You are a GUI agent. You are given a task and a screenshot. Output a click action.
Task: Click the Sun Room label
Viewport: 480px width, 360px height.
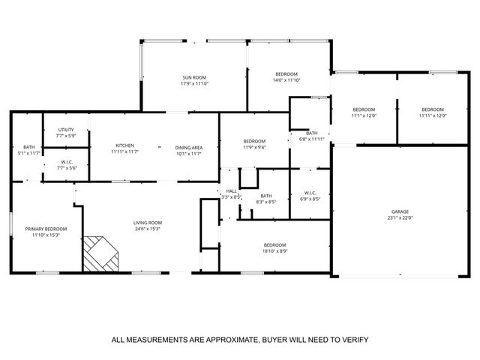coord(193,78)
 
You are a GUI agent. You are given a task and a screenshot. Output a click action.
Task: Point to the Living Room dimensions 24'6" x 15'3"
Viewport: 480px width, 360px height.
coord(148,229)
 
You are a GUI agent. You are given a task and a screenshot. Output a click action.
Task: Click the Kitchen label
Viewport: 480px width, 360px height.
coord(124,145)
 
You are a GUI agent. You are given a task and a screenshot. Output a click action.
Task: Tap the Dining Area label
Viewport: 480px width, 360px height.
coord(188,146)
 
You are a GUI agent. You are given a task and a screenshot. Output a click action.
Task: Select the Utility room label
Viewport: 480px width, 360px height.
coord(66,130)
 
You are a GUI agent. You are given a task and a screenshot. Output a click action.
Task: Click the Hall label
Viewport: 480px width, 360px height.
coord(231,191)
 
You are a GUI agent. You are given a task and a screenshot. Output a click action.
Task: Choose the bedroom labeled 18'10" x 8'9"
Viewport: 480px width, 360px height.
coord(274,246)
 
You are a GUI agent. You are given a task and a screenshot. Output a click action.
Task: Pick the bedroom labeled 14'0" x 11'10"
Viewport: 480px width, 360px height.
coord(286,74)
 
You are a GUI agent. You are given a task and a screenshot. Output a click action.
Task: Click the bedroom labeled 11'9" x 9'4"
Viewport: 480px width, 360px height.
coord(254,141)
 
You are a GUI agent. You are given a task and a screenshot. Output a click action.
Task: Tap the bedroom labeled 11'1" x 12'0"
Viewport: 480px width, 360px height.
coord(364,109)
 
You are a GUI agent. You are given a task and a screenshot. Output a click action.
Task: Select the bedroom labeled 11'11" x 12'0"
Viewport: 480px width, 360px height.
coord(432,109)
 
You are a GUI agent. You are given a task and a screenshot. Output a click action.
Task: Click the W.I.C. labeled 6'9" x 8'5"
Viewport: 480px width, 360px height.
coord(310,195)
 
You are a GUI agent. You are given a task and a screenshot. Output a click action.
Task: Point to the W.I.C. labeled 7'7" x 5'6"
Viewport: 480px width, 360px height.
coord(66,162)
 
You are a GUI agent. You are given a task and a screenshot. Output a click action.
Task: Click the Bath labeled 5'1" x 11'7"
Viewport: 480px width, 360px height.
coord(28,147)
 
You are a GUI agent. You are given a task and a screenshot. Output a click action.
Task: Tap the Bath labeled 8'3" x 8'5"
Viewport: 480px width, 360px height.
coord(266,196)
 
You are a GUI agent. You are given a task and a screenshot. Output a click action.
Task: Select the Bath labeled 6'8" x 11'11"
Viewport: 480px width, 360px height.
coord(311,133)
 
